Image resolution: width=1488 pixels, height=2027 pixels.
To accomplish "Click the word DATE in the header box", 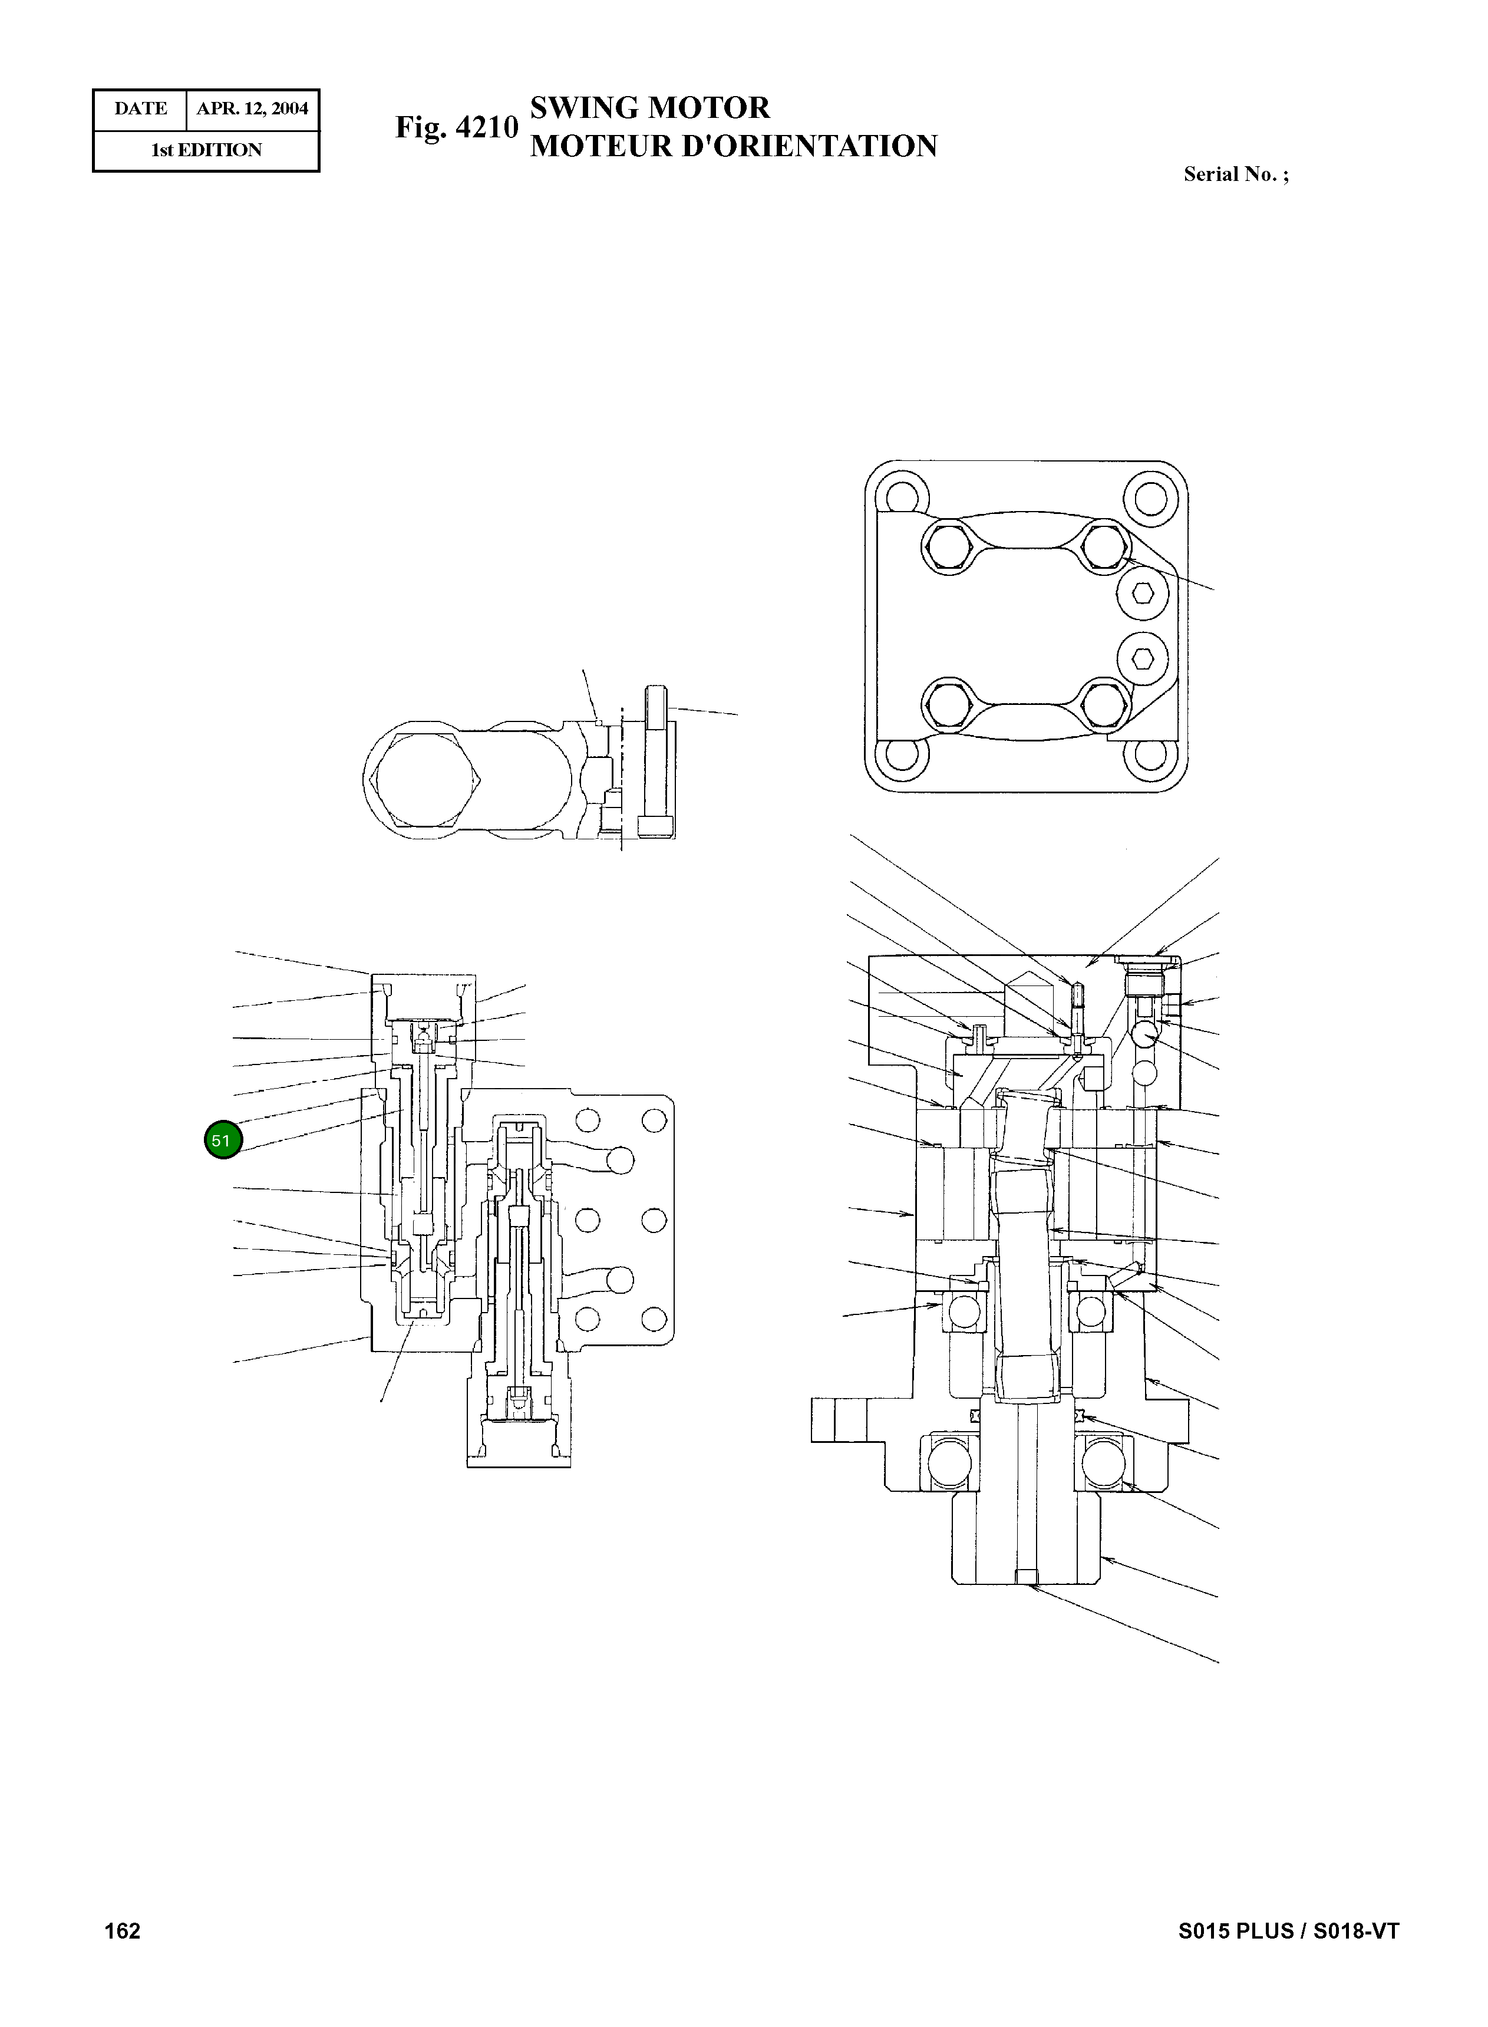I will [x=140, y=109].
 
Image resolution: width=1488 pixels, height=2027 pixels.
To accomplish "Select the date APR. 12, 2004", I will [x=252, y=109].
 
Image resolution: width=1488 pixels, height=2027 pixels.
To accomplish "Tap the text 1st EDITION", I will [x=206, y=150].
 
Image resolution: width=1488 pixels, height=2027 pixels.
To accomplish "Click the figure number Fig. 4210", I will [x=457, y=127].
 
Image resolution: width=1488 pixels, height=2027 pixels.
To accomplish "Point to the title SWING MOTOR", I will [x=649, y=108].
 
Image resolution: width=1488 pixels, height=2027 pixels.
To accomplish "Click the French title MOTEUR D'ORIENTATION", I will [x=733, y=146].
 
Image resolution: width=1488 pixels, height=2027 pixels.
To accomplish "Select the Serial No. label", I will [x=1235, y=175].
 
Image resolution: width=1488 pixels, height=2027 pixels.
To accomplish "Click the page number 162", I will [x=123, y=1930].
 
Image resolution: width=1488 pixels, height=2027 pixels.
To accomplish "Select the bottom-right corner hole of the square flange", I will [x=1150, y=755].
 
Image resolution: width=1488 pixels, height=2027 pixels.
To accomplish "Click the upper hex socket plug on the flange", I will [x=1142, y=593].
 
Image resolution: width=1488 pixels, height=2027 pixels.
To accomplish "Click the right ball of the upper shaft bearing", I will [x=1090, y=1313].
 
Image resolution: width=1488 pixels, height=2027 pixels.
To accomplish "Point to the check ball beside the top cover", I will [x=1145, y=1035].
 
